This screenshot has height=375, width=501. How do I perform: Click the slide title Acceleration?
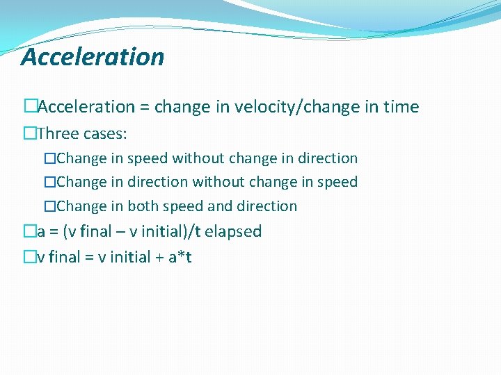[x=93, y=57]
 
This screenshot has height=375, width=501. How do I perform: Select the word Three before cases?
[x=59, y=133]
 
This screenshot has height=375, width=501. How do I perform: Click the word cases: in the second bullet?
[x=105, y=133]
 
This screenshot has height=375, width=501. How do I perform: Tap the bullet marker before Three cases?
[x=28, y=133]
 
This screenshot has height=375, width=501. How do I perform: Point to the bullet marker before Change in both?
[x=49, y=206]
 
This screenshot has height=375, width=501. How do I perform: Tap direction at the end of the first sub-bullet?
[x=328, y=158]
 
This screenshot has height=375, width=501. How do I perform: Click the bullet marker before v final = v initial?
[x=28, y=258]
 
